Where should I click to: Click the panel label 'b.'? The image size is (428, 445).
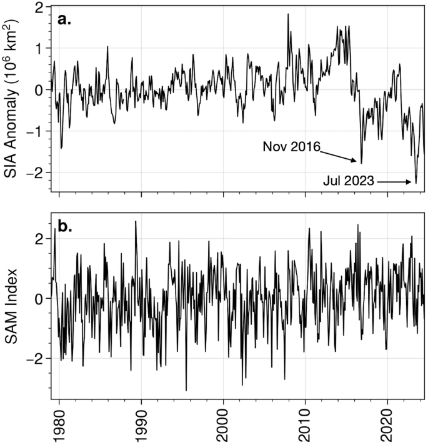coord(65,226)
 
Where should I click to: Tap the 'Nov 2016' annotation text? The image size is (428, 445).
coord(291,147)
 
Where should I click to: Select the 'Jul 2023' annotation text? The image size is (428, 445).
coord(349,182)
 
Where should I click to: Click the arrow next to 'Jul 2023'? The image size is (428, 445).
coord(397,182)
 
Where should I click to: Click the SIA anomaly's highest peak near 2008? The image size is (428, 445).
coord(288,14)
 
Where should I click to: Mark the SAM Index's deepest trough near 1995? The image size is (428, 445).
coord(186,391)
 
